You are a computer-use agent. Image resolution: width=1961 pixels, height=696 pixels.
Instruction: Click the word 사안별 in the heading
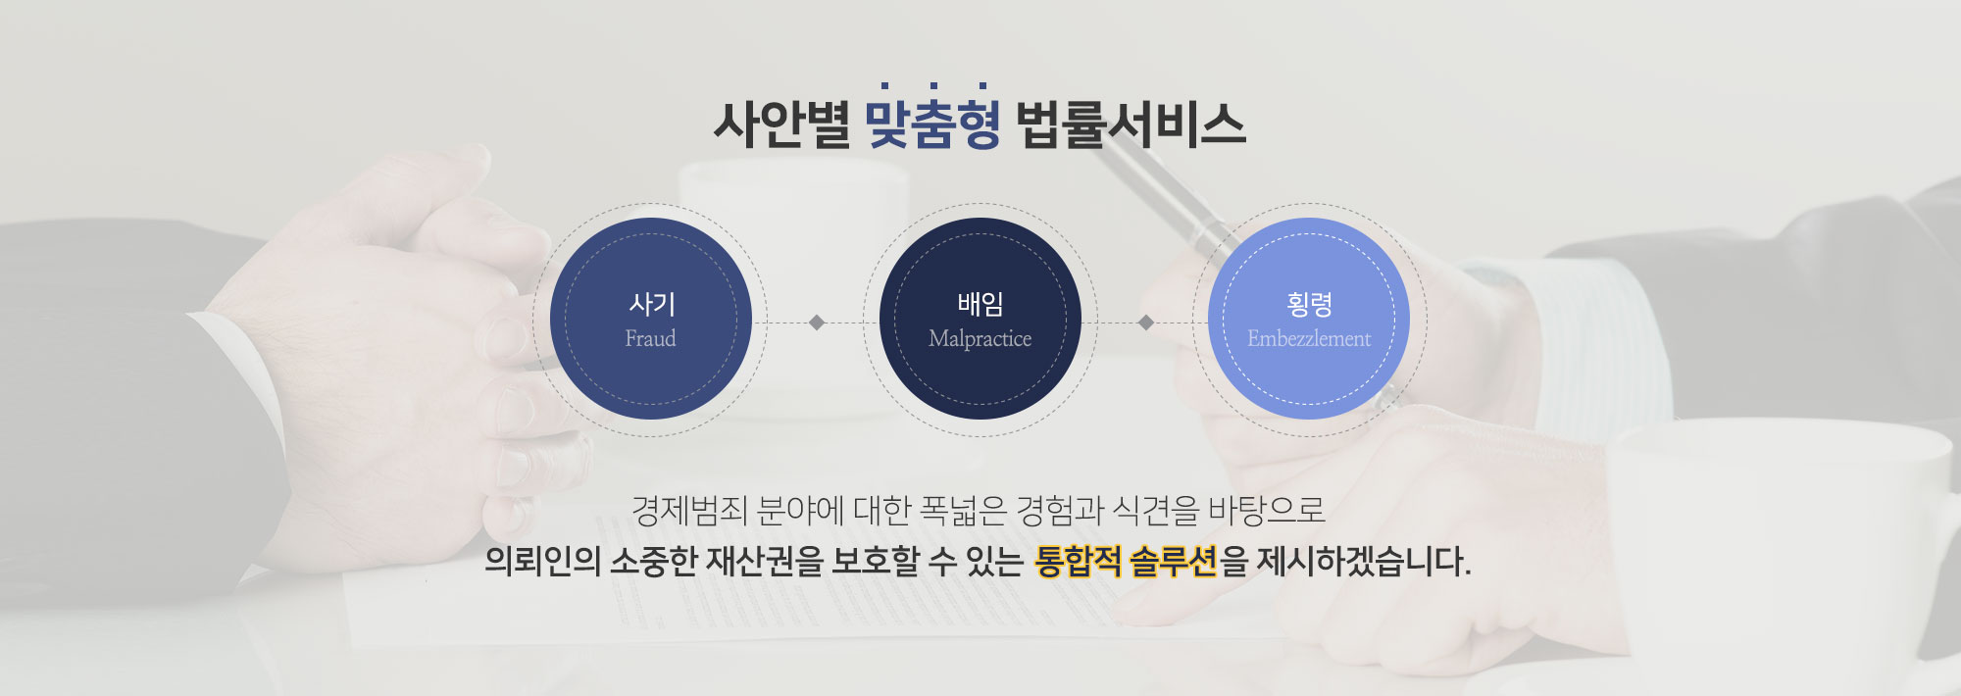(781, 124)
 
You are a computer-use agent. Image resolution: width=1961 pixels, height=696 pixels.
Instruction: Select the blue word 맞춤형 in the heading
(933, 124)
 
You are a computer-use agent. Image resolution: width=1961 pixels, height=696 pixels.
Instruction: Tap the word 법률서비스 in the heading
(1131, 124)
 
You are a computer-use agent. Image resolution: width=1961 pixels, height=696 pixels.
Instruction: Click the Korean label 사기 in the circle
(652, 304)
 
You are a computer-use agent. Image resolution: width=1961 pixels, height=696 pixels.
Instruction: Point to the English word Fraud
(651, 338)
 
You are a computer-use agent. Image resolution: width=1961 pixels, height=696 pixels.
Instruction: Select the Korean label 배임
(980, 304)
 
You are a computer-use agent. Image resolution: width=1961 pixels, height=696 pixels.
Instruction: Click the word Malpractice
(980, 339)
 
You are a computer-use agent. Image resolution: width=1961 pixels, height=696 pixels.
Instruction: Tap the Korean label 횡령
(1309, 304)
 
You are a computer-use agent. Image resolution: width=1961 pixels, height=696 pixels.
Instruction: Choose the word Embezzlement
(1309, 338)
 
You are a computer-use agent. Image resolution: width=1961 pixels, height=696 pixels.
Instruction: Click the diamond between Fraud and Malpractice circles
(817, 323)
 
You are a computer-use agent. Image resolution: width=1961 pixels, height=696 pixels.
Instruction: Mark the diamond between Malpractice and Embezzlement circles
(1145, 323)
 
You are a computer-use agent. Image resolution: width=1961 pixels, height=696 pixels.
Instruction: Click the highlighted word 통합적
(1078, 562)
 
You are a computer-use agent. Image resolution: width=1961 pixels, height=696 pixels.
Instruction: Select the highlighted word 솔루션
(1174, 562)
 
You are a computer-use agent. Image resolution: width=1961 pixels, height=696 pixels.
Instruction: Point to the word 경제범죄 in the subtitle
(690, 510)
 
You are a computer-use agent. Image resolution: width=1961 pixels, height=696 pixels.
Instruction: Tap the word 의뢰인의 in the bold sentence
(542, 562)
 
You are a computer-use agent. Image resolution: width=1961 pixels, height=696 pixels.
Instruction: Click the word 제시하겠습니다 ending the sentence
(1364, 562)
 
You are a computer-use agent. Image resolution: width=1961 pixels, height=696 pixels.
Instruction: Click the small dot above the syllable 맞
(885, 86)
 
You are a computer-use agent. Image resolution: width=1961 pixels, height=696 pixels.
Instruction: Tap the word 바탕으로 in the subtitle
(1267, 510)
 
